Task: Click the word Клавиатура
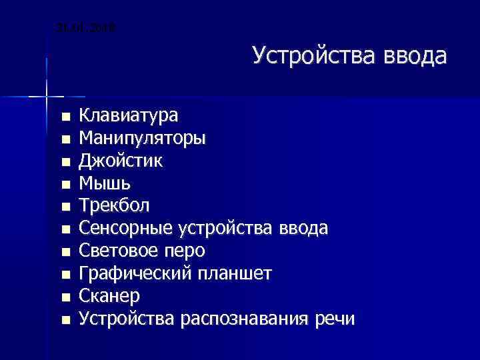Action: tap(129, 116)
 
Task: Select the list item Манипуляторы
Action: tap(143, 139)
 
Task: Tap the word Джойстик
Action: tap(120, 161)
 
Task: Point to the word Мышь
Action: tap(105, 183)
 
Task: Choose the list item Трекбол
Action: tap(115, 205)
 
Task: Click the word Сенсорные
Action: tap(127, 229)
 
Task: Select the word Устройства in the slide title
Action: tap(315, 55)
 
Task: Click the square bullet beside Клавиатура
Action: tap(65, 117)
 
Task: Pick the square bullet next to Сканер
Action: tap(65, 297)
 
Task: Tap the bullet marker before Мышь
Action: tap(65, 185)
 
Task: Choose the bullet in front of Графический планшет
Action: tap(65, 275)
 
